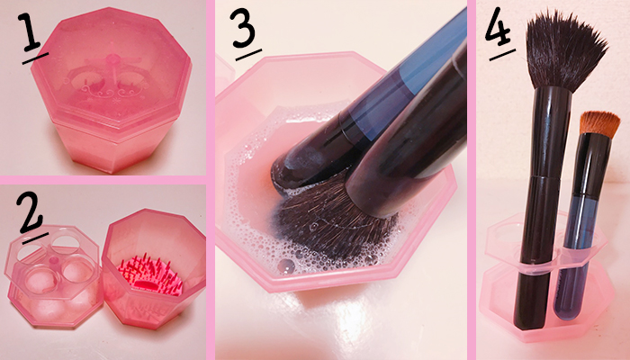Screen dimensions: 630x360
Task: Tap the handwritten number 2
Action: click(x=29, y=213)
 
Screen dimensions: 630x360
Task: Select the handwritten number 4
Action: click(x=498, y=26)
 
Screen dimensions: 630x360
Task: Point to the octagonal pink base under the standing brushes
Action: click(x=546, y=305)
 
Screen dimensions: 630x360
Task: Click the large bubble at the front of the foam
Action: click(x=286, y=266)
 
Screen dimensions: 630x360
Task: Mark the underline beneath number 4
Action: click(x=502, y=55)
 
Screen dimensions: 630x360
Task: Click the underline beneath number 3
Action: click(x=248, y=55)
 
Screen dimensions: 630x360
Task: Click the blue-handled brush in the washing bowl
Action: click(x=362, y=109)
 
